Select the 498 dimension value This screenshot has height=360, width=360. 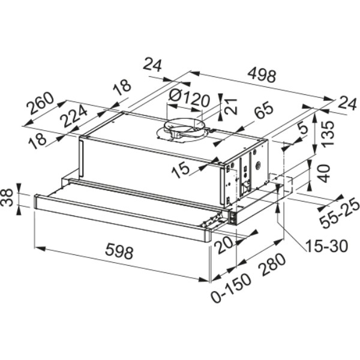pos(262,75)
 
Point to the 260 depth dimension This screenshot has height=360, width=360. pos(40,103)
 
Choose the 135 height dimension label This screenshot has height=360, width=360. pos(327,134)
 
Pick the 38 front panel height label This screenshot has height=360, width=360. pos(7,198)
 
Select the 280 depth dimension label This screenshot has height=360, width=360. pos(272,265)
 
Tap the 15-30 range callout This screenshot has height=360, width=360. pos(326,246)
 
